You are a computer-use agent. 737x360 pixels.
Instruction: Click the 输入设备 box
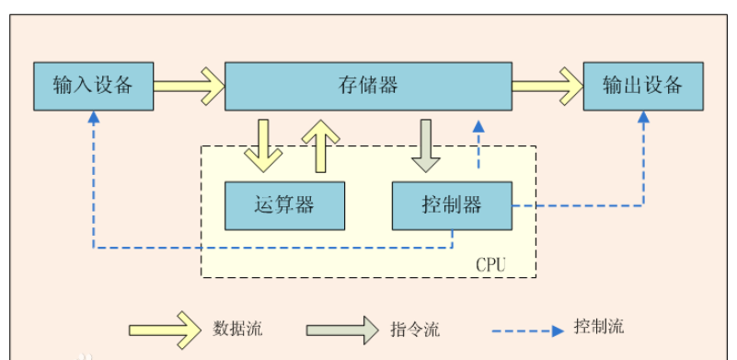point(93,87)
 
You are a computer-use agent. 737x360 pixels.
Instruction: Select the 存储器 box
point(368,87)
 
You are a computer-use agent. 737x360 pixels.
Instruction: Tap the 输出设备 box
point(643,87)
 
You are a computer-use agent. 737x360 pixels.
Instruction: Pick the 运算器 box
point(285,205)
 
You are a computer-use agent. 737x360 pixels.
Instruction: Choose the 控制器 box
point(452,205)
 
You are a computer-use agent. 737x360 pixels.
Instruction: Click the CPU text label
point(490,264)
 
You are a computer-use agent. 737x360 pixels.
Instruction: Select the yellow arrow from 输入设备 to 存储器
point(189,87)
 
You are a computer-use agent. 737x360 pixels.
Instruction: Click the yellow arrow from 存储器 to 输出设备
point(547,87)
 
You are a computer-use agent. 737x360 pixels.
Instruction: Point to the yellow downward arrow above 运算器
point(263,145)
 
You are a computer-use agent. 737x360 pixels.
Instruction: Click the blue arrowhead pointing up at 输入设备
point(93,118)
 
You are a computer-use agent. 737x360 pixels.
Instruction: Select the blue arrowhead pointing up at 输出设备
point(643,118)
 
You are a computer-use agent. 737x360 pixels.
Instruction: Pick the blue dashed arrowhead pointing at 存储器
point(478,126)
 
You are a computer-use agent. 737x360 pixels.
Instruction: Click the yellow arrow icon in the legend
point(166,328)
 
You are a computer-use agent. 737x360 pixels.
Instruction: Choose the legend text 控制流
point(598,327)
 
